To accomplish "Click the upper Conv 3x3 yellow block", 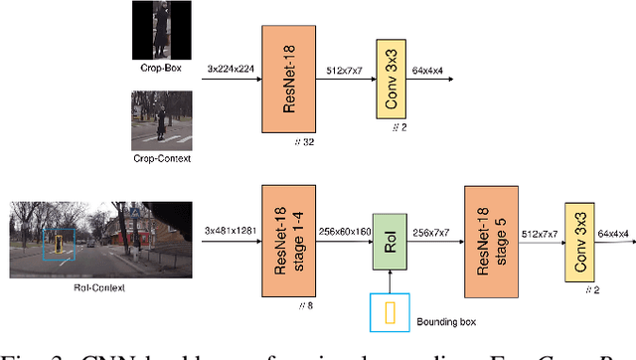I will coord(394,77).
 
